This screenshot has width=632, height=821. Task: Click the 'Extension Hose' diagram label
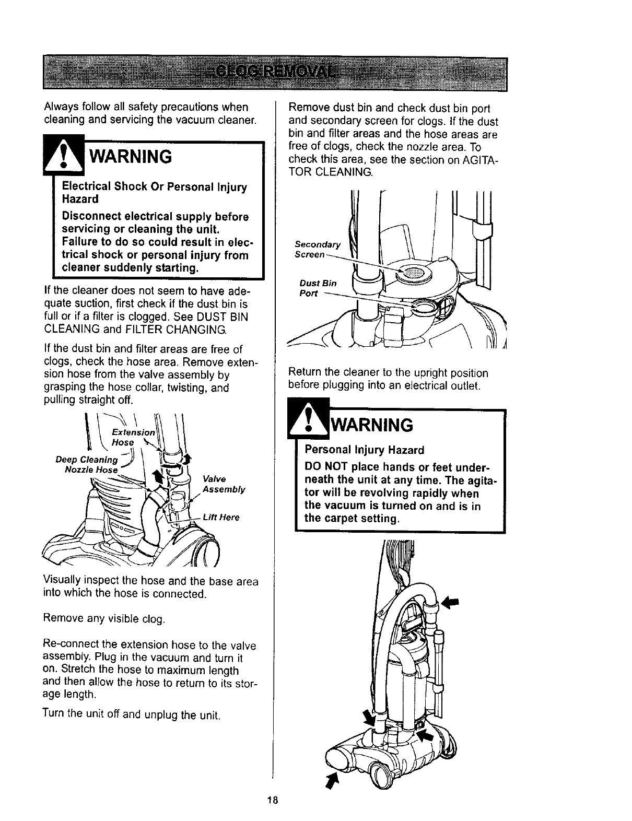(134, 437)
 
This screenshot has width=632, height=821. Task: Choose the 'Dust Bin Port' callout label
(318, 288)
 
